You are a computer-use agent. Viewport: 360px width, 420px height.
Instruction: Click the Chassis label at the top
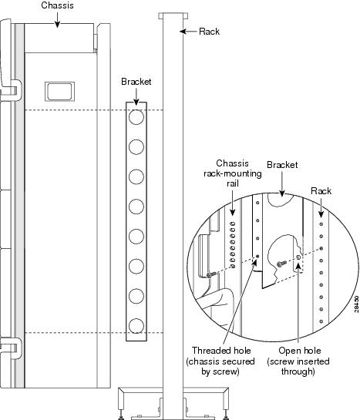pyautogui.click(x=57, y=5)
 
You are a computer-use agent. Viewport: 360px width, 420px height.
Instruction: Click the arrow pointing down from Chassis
pyautogui.click(x=57, y=20)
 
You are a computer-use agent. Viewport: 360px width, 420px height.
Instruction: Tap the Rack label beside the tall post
pyautogui.click(x=209, y=32)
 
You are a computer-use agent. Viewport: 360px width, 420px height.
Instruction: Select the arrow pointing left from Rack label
pyautogui.click(x=188, y=32)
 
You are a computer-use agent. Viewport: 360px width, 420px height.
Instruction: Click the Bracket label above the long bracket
pyautogui.click(x=136, y=82)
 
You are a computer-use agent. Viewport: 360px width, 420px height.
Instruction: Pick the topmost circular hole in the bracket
pyautogui.click(x=136, y=117)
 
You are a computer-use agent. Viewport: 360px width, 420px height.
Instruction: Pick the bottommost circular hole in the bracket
pyautogui.click(x=136, y=326)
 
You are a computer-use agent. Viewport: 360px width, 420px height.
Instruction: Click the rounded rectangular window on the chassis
pyautogui.click(x=59, y=92)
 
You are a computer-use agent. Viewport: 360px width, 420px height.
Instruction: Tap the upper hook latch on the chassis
pyautogui.click(x=13, y=89)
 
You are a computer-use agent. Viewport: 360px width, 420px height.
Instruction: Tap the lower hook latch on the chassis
pyautogui.click(x=13, y=348)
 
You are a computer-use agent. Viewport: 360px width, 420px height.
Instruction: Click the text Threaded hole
pyautogui.click(x=221, y=351)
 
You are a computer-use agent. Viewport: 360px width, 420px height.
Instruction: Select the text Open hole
pyautogui.click(x=299, y=351)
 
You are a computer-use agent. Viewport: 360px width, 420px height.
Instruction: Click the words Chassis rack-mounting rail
pyautogui.click(x=233, y=173)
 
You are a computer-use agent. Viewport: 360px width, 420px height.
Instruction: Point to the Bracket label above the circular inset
pyautogui.click(x=282, y=165)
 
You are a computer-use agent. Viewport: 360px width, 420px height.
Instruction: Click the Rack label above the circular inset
pyautogui.click(x=321, y=191)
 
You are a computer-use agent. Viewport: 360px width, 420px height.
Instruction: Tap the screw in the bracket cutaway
pyautogui.click(x=281, y=264)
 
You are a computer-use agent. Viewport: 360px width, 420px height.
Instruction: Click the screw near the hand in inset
pyautogui.click(x=211, y=274)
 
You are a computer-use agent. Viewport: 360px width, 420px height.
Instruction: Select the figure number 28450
pyautogui.click(x=356, y=304)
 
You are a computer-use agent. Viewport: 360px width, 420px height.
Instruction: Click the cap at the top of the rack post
pyautogui.click(x=173, y=16)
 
